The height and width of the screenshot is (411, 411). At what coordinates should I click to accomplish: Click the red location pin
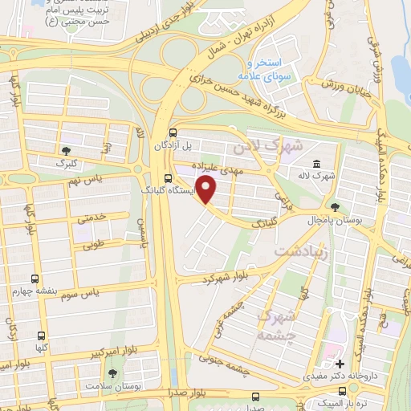tap(207, 190)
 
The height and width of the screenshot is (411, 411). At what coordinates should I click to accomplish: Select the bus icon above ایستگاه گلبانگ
tap(167, 179)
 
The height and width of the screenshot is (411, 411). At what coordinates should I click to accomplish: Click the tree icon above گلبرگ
tap(66, 149)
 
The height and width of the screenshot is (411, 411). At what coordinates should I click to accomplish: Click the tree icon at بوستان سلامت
tap(112, 374)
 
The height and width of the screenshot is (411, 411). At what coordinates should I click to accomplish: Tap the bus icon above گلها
tap(42, 336)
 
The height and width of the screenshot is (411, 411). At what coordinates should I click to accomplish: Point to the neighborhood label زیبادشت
tap(301, 252)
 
